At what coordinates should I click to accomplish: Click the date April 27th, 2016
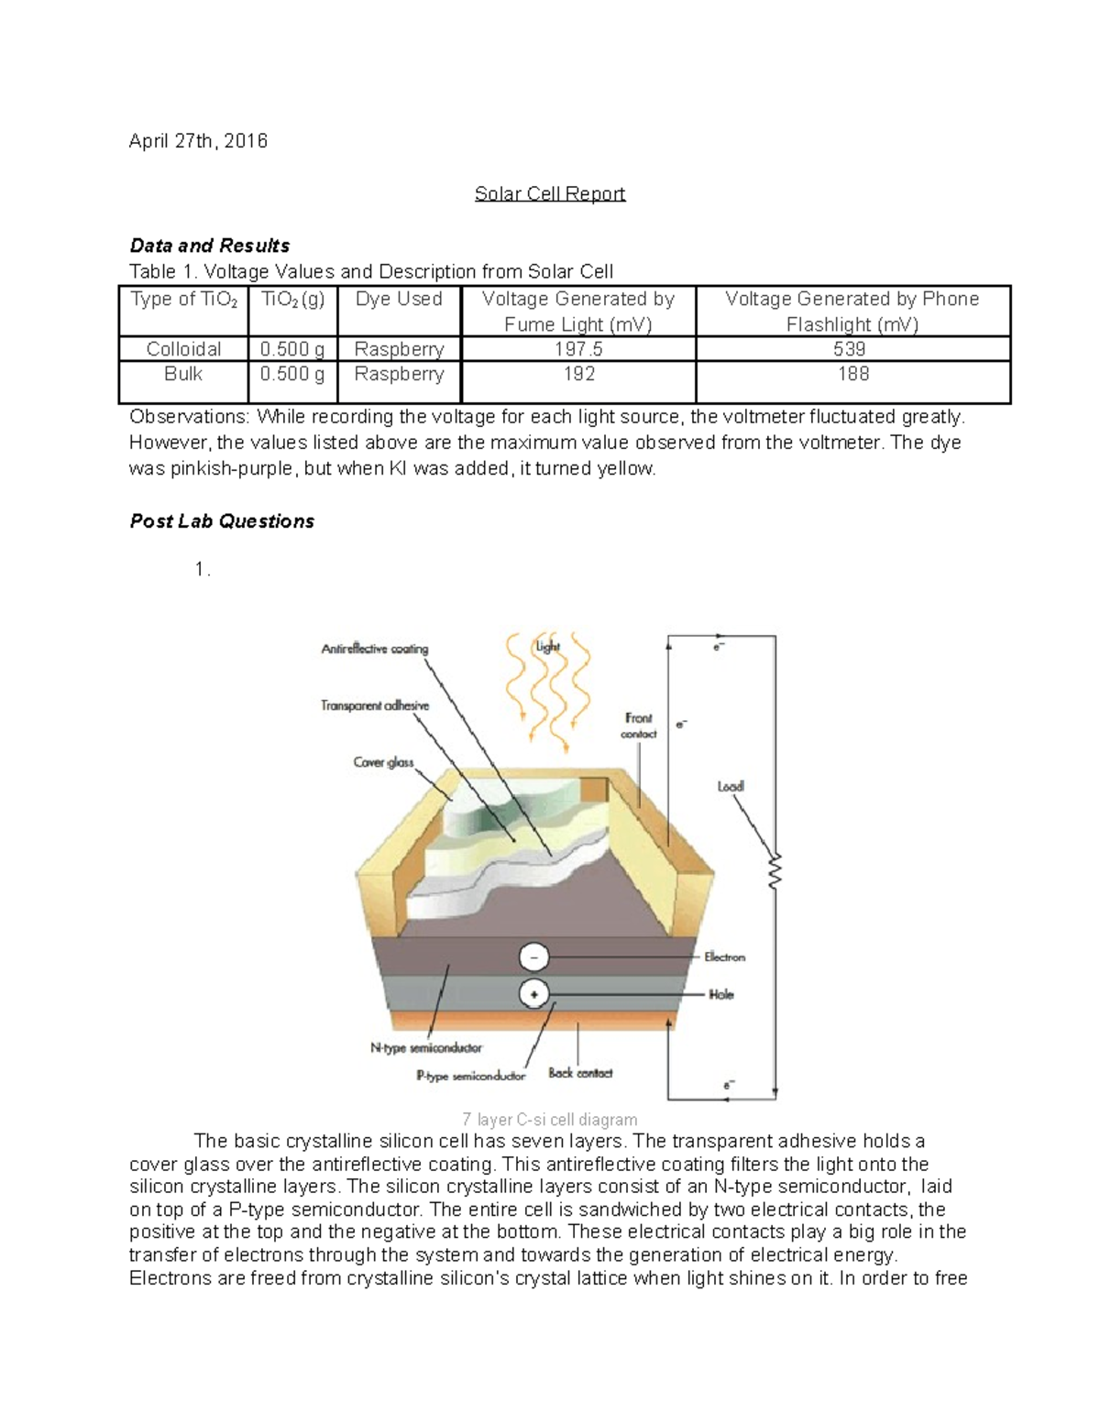click(x=198, y=141)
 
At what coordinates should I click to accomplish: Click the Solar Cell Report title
click(x=549, y=193)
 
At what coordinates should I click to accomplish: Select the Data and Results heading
click(x=210, y=246)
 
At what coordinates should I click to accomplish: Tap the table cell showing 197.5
click(x=578, y=349)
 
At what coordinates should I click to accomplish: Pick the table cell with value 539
click(x=852, y=349)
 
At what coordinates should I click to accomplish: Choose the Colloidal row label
click(x=183, y=349)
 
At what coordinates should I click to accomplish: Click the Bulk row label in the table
click(x=183, y=374)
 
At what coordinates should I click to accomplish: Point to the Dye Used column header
click(x=399, y=299)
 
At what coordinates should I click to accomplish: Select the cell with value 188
click(x=852, y=374)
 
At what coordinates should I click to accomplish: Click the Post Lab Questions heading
click(x=222, y=521)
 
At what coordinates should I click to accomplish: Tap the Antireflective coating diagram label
click(x=374, y=649)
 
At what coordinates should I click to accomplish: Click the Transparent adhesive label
click(x=375, y=706)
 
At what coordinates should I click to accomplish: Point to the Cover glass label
click(x=383, y=762)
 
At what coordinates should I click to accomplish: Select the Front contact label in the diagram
click(x=639, y=726)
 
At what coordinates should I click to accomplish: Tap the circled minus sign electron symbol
click(x=534, y=958)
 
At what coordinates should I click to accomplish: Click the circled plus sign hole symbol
click(x=534, y=993)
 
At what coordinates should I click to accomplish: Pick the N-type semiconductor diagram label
click(x=426, y=1047)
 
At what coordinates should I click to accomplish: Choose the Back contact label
click(x=580, y=1073)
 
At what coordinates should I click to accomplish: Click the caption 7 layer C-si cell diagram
click(x=549, y=1119)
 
